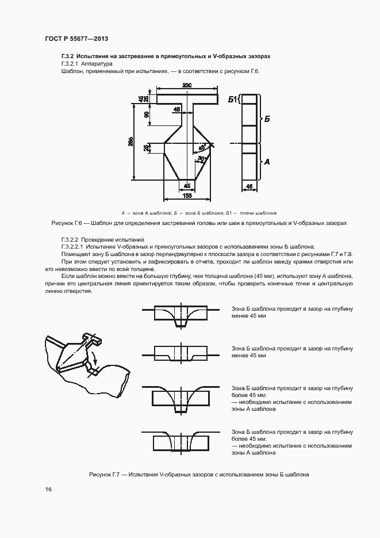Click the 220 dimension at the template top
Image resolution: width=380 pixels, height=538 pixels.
coord(187,86)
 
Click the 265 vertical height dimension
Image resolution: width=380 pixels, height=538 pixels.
coord(131,142)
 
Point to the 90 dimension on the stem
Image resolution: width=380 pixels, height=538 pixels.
coord(147,115)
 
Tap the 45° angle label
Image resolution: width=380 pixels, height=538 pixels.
coord(202,147)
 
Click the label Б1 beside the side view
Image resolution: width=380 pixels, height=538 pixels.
coord(232,100)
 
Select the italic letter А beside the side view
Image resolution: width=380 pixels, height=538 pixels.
coord(266,162)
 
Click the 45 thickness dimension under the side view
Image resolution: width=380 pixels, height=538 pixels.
coord(249,186)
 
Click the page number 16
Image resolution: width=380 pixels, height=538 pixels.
coord(48,489)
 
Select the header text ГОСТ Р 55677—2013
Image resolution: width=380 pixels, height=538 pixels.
coord(76,39)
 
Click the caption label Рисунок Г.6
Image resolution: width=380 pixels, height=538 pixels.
coord(69,222)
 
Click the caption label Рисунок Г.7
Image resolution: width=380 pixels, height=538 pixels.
coord(107,475)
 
